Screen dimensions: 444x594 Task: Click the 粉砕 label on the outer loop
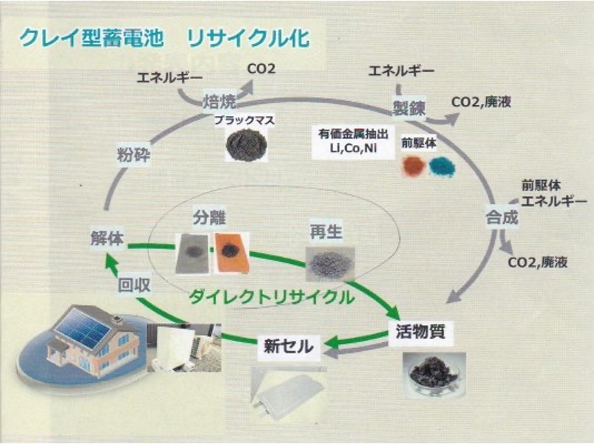pyautogui.click(x=133, y=155)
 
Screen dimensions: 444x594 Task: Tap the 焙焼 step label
pyautogui.click(x=219, y=102)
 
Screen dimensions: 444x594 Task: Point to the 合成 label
pyautogui.click(x=499, y=219)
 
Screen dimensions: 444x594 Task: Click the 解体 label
pyautogui.click(x=107, y=239)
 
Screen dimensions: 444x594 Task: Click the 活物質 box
pyautogui.click(x=421, y=331)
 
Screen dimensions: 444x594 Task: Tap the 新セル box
pyautogui.click(x=288, y=346)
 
